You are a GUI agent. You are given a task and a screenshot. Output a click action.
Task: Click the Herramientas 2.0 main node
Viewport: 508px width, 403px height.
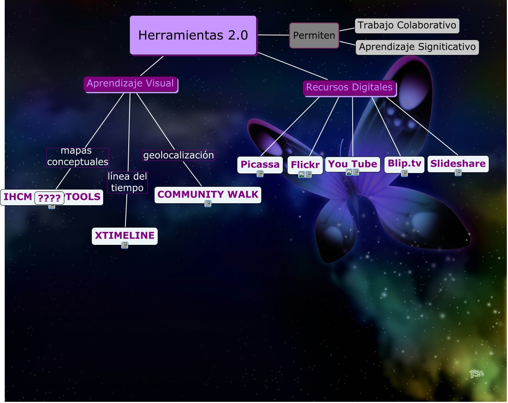(x=193, y=35)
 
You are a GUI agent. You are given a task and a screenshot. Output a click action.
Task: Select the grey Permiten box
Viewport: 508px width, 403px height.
(x=314, y=35)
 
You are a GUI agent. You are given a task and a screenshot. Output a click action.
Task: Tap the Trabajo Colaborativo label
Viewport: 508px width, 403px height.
(x=407, y=26)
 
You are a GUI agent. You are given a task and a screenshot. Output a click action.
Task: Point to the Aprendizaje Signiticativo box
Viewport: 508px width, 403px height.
(x=417, y=47)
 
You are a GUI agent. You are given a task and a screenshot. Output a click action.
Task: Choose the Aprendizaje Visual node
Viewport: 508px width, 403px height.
(x=130, y=84)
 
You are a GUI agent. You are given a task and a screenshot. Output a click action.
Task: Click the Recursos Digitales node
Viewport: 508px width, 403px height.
(x=349, y=88)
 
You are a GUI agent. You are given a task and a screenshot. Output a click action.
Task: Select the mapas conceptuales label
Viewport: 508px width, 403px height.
(x=77, y=157)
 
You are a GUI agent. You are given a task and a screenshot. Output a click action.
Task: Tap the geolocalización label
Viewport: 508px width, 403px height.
(x=178, y=155)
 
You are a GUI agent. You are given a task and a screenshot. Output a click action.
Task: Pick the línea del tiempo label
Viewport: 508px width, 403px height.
(x=127, y=182)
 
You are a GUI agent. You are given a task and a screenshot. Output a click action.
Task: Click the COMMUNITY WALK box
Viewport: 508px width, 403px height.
(x=208, y=195)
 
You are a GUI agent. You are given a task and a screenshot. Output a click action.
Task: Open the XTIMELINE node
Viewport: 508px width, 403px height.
(x=125, y=235)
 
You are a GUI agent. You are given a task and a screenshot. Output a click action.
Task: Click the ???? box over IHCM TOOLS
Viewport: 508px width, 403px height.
(x=49, y=198)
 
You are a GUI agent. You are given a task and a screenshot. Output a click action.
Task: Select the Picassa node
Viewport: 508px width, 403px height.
(x=260, y=164)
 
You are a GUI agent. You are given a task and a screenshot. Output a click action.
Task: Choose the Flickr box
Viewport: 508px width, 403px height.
(x=305, y=165)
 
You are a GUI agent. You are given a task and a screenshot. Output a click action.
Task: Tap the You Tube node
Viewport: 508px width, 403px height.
(x=353, y=164)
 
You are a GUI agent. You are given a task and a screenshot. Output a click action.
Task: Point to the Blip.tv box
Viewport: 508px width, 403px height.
(x=404, y=163)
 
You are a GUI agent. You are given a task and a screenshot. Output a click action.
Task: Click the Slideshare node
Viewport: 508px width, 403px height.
(x=458, y=164)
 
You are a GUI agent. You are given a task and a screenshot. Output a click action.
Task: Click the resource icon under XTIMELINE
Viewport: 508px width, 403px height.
(x=125, y=246)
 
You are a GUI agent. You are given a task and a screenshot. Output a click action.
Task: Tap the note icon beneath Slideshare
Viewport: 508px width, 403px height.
(x=458, y=173)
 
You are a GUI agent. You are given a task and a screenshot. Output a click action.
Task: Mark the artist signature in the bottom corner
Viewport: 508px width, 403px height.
(x=477, y=374)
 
